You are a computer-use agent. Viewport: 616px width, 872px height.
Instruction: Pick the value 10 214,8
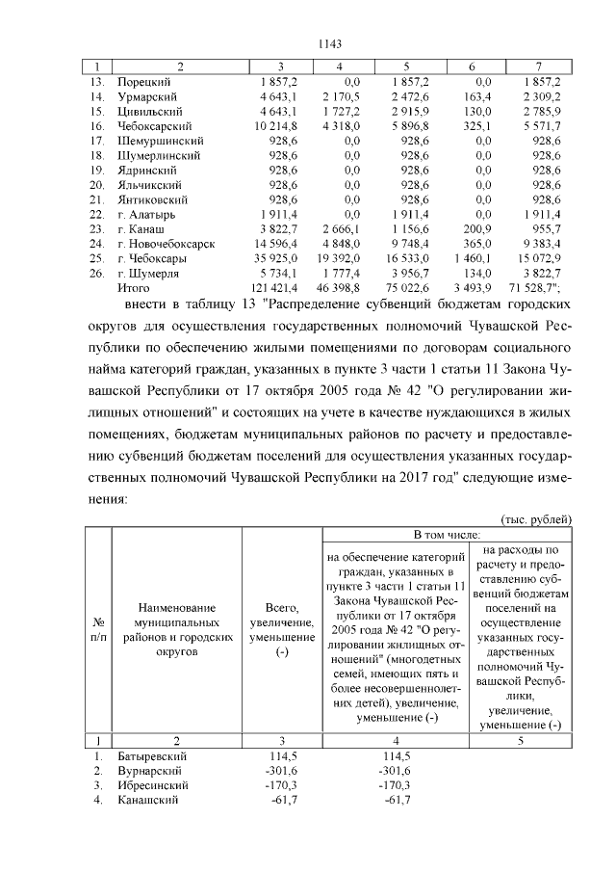pyautogui.click(x=276, y=126)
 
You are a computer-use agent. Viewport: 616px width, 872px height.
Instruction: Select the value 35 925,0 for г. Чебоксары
pyautogui.click(x=276, y=258)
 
